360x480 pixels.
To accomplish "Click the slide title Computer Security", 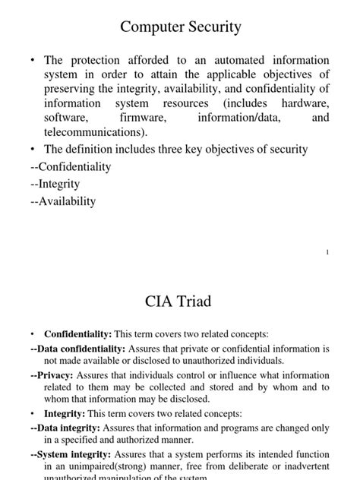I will pos(180,27).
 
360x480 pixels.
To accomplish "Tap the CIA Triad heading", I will pos(178,302).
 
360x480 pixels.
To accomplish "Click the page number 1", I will pos(327,252).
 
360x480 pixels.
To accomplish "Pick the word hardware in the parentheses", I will pos(304,104).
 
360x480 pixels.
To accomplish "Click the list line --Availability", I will pos(63,201).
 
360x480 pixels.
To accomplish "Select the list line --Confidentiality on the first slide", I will pos(71,166).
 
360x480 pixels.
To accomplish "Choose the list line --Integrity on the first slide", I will pos(55,184).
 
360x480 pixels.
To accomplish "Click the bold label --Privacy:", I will pos(52,375).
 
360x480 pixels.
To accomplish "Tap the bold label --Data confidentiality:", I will pos(78,349).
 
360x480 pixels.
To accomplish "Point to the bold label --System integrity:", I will pos(70,455).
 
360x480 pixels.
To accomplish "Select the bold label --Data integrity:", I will pos(65,428).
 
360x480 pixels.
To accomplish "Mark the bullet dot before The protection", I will pos(33,60).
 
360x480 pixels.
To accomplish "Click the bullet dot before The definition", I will pos(33,150).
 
